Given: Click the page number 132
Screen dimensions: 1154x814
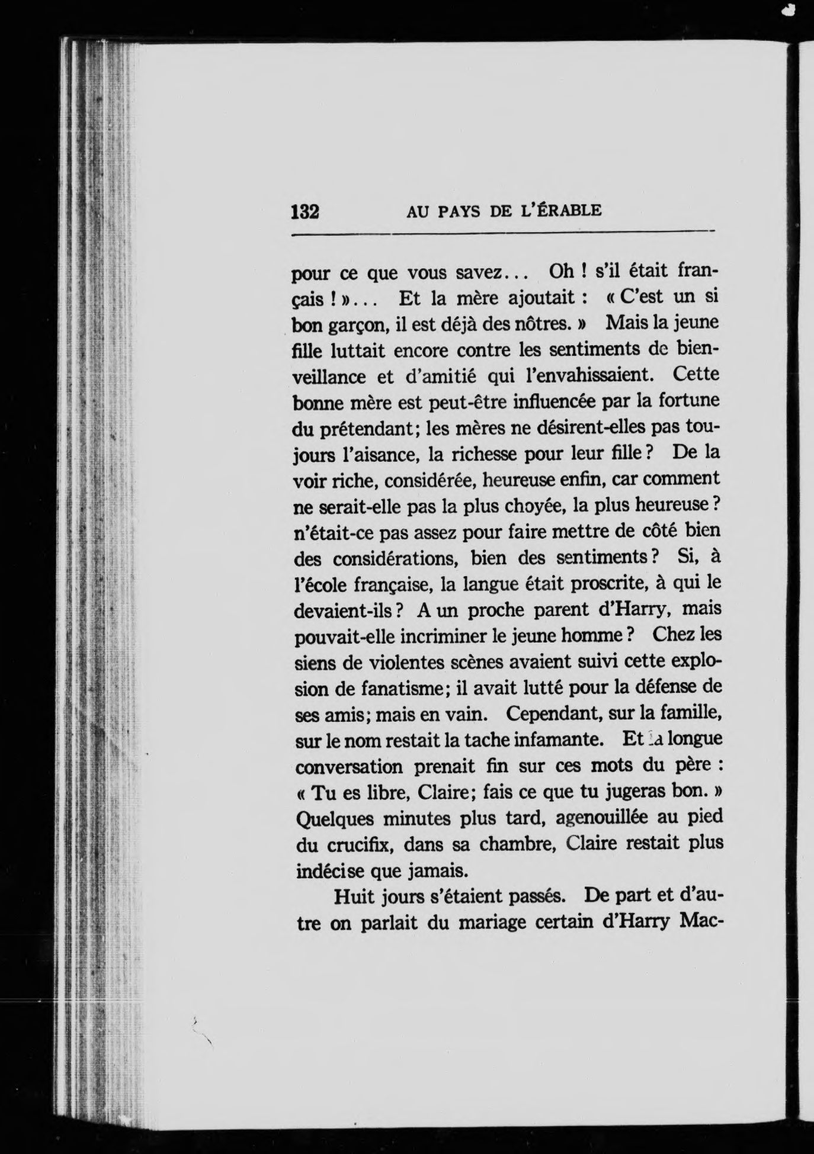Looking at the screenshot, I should click(306, 211).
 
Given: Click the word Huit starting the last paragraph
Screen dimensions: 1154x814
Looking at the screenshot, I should click(354, 896).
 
